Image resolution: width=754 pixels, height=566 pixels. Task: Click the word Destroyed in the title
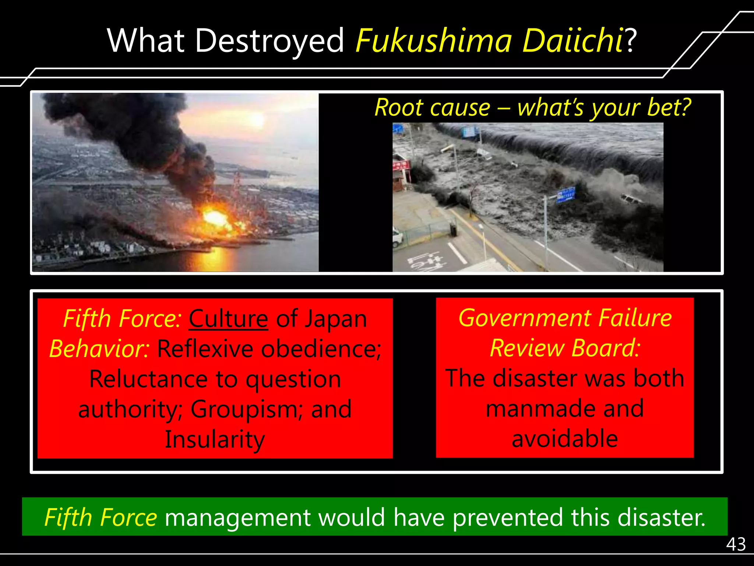(x=270, y=41)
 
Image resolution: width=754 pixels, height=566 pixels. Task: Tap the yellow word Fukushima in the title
(x=434, y=41)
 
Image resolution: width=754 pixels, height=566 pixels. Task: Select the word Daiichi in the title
(x=572, y=41)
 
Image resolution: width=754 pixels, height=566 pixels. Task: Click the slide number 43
(x=736, y=544)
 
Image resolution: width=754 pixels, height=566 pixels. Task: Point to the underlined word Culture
(x=228, y=318)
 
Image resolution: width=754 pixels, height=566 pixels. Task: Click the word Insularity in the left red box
(x=215, y=439)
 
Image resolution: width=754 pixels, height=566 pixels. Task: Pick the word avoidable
(x=565, y=439)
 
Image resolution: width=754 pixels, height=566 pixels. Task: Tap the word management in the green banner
(x=238, y=517)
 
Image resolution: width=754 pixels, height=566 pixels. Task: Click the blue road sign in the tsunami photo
(x=565, y=194)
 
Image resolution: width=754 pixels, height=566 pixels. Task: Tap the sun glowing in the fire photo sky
(x=258, y=119)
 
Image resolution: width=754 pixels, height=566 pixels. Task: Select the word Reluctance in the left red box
(x=148, y=379)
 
